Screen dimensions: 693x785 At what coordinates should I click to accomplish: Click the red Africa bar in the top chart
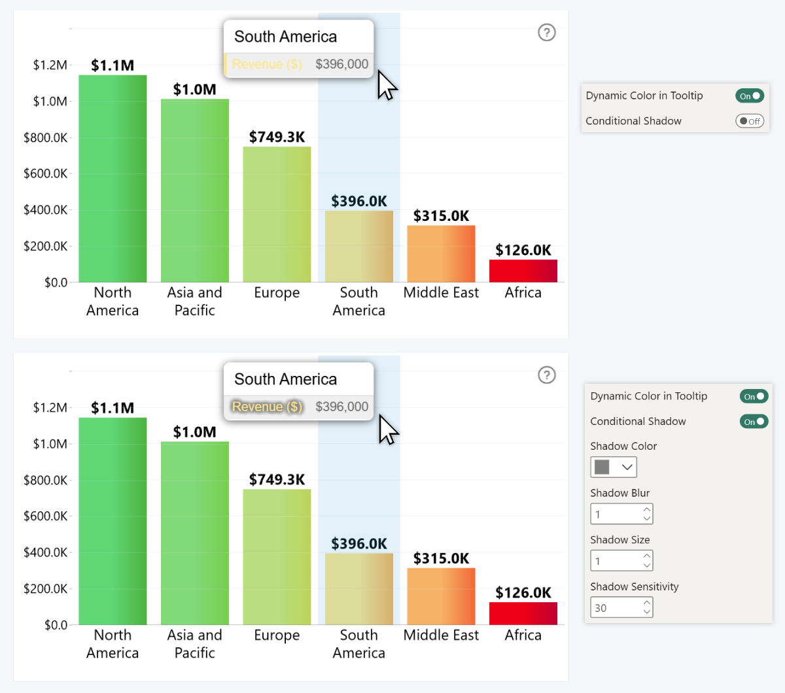(523, 271)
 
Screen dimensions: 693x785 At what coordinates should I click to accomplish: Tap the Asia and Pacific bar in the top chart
(195, 190)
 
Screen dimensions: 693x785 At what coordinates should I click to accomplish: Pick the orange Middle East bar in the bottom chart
(441, 596)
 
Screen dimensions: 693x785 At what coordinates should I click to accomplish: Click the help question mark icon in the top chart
(546, 32)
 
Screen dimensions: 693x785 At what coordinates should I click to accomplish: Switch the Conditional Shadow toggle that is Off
(750, 121)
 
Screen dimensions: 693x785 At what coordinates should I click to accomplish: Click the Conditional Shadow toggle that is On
(754, 422)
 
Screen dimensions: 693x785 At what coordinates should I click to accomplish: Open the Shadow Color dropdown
(613, 467)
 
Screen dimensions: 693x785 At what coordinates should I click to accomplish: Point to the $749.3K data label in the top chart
(277, 137)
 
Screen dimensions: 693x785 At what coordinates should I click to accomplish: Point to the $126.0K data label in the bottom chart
(523, 592)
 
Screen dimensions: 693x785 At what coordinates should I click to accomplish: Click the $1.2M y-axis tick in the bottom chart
(50, 407)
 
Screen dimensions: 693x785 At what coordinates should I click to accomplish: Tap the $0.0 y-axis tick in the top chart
(56, 282)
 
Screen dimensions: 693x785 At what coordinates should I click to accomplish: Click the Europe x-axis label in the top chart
(277, 293)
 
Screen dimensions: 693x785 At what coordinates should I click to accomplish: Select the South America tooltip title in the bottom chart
(285, 379)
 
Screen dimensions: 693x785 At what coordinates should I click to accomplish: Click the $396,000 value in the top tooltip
(341, 64)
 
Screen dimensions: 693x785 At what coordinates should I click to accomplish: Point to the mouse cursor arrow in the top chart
(386, 85)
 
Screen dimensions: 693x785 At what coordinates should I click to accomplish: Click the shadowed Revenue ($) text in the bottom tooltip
(267, 407)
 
